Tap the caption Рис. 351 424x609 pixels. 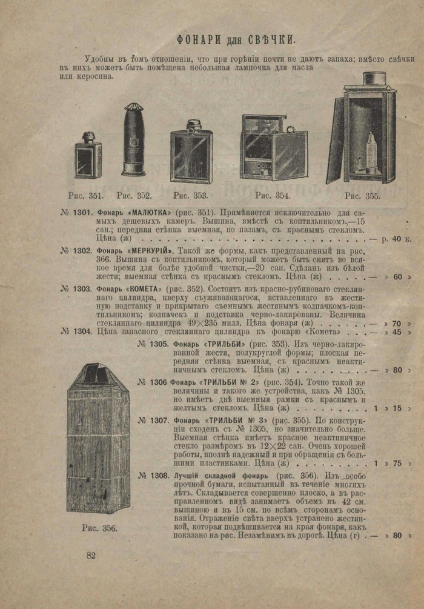[x=86, y=196]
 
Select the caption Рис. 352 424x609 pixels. [x=134, y=196]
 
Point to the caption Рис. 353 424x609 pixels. [x=190, y=196]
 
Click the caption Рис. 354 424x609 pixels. [x=273, y=196]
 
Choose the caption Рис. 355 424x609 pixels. [x=362, y=196]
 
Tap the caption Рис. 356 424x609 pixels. [x=99, y=528]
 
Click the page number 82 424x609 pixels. [x=91, y=555]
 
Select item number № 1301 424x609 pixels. [x=76, y=213]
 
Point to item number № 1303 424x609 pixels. [x=76, y=288]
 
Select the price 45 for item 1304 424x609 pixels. [x=397, y=332]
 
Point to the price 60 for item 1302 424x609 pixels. [x=397, y=277]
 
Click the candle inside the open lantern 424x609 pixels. [x=371, y=151]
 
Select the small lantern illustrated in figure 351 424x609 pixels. [x=88, y=158]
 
